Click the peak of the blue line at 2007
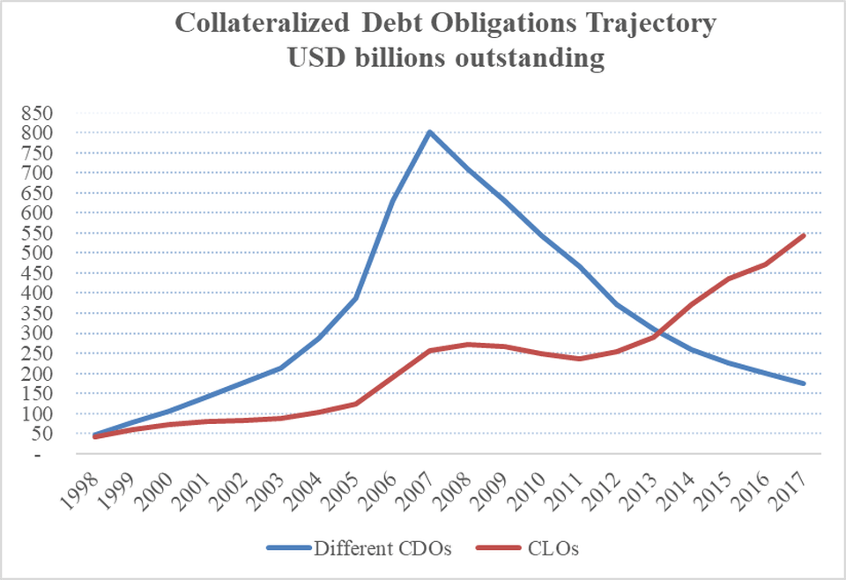[x=429, y=132]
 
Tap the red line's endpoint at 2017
[x=805, y=234]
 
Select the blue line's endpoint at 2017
[x=805, y=383]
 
